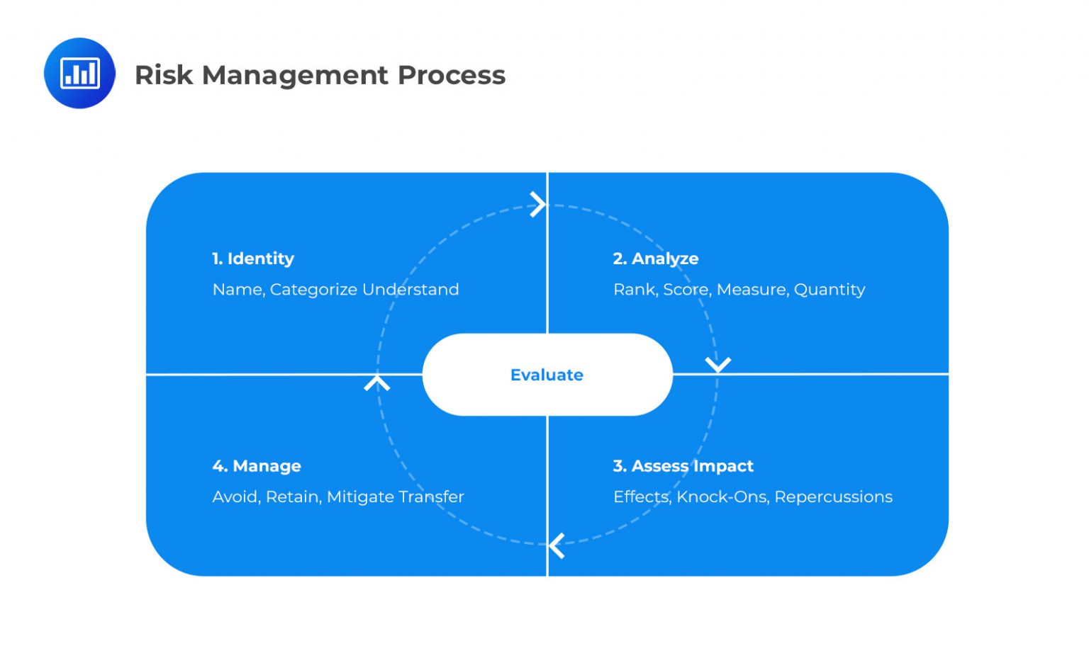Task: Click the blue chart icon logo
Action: (79, 73)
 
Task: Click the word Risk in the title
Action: (163, 75)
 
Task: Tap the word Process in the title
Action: (451, 75)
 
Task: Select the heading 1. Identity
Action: (253, 259)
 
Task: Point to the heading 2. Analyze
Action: (656, 259)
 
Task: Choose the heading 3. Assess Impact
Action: (683, 466)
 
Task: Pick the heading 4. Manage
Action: (257, 466)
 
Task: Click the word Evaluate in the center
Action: (547, 375)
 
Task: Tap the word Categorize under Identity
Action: (313, 290)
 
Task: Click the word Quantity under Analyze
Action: (830, 290)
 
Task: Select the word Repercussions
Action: (833, 497)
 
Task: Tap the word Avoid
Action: (236, 497)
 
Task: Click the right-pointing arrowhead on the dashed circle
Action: (539, 205)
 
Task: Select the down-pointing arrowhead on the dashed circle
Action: (717, 365)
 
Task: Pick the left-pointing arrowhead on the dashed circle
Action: (557, 545)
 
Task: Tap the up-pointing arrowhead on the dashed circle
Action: (377, 383)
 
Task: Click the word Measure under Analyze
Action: (752, 290)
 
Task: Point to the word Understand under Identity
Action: (411, 290)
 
